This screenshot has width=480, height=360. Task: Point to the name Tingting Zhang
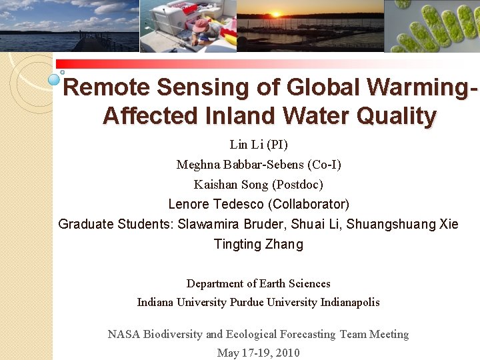pos(259,244)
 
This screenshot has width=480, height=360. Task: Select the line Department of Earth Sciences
pos(259,283)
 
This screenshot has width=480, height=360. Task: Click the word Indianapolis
pos(350,302)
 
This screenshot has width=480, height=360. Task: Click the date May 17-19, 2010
pos(259,353)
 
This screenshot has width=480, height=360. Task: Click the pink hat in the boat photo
pos(201,25)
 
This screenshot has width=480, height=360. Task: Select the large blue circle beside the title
pos(55,81)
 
